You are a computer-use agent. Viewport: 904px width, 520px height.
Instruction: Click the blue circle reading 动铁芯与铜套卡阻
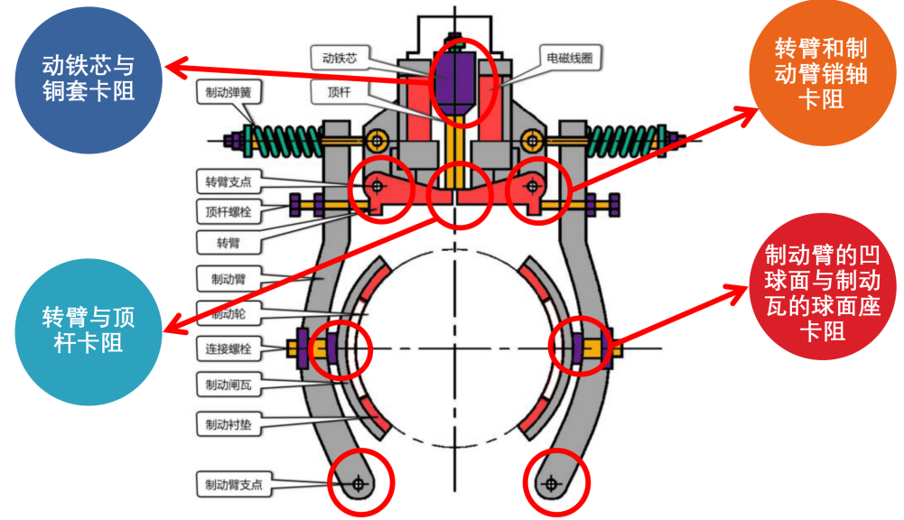(89, 79)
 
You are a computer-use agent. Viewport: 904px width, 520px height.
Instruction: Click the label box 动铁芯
(340, 59)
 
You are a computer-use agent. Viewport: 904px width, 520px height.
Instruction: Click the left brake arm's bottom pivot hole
(360, 484)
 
